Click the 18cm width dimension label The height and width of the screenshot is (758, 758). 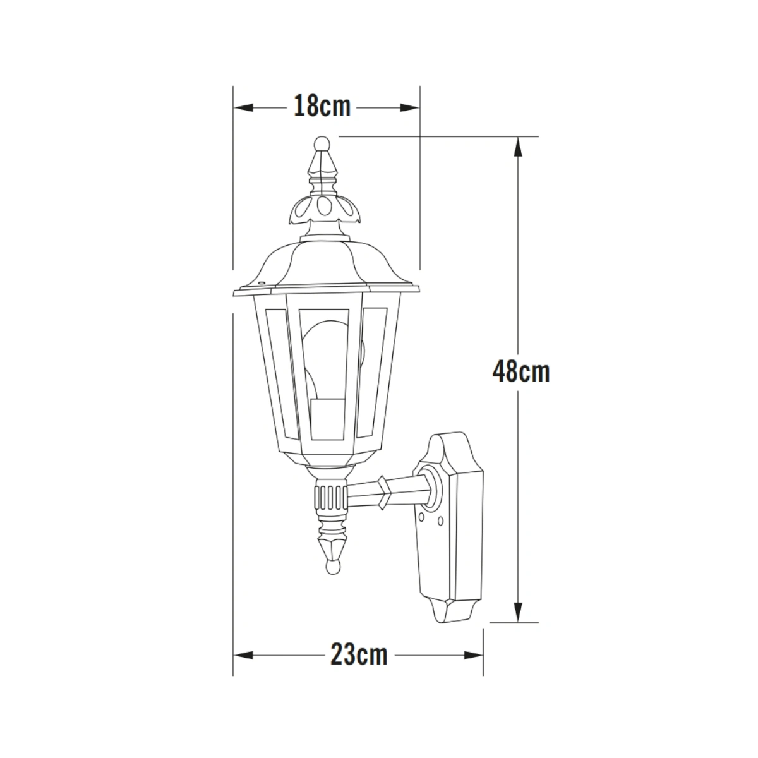(x=322, y=106)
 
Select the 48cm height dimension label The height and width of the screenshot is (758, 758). (x=520, y=371)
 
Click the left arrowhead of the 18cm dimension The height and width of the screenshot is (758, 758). (x=244, y=108)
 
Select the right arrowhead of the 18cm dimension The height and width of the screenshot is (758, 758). (x=409, y=108)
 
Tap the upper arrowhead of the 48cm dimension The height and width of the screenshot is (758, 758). (x=519, y=147)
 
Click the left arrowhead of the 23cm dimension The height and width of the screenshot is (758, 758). (x=244, y=655)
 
